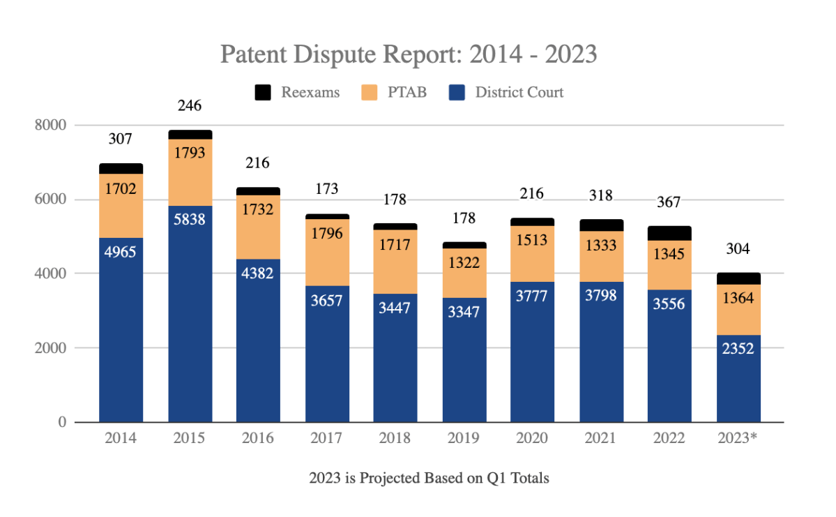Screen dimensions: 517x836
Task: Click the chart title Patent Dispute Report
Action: point(409,54)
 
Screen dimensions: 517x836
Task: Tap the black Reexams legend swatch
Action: point(263,92)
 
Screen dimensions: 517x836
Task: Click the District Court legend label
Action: point(519,92)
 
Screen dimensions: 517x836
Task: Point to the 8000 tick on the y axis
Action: point(50,126)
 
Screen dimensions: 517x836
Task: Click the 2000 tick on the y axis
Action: point(50,348)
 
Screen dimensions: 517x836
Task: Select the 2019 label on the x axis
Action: point(463,438)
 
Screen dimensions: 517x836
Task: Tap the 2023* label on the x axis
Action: point(738,438)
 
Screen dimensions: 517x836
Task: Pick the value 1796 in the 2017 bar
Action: point(326,233)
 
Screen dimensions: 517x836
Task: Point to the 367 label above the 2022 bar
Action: point(669,202)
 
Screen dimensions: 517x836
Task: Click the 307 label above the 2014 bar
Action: point(121,139)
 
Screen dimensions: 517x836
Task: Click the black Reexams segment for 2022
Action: point(669,233)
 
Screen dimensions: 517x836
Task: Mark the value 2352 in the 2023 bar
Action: point(738,348)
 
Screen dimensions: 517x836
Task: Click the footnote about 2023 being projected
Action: point(429,479)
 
